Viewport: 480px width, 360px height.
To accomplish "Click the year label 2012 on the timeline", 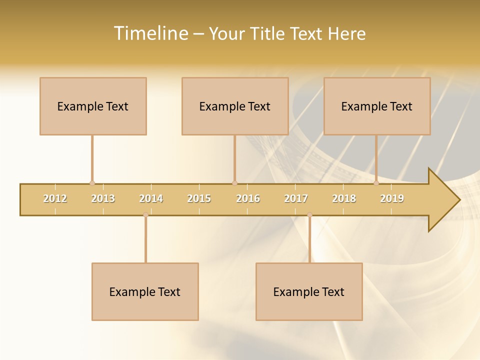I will (55, 198).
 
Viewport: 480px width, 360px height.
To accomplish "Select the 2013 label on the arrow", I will (103, 198).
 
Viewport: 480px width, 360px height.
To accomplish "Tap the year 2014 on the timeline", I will (151, 198).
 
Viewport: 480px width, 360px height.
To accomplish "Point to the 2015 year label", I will (199, 198).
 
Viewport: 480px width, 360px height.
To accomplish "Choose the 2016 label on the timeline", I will (248, 198).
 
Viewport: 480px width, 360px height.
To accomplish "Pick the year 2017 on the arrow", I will (296, 198).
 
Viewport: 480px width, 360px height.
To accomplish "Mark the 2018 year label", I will (344, 198).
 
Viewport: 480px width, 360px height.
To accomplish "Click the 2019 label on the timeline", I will (392, 198).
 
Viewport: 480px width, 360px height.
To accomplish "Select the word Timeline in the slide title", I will (150, 33).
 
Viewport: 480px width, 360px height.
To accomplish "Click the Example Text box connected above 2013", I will (93, 106).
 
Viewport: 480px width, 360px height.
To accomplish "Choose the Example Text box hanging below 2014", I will (145, 291).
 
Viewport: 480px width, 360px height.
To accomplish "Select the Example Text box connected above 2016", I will (235, 106).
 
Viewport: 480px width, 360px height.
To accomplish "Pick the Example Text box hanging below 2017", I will (309, 291).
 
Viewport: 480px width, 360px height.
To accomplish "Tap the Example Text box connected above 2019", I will (377, 106).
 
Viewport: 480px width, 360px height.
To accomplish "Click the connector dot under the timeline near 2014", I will (145, 214).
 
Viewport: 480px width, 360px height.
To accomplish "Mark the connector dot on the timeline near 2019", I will (376, 183).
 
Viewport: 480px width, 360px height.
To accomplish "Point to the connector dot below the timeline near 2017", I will (309, 214).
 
